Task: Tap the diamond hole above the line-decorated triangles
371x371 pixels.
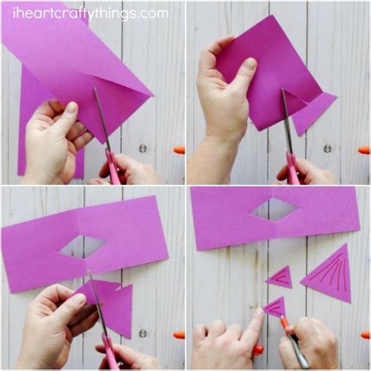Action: pos(274,209)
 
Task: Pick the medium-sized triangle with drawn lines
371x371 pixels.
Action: pos(279,276)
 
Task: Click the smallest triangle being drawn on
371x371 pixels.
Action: pos(275,307)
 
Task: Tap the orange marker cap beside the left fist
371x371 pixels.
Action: pos(179,334)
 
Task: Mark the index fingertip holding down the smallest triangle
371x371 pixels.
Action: pos(258,316)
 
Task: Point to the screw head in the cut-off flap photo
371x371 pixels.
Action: pos(327,148)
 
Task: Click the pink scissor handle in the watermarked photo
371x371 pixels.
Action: pos(113,169)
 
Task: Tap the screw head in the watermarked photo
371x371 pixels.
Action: pos(142,148)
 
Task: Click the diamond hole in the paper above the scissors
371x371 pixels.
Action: pos(82,247)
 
